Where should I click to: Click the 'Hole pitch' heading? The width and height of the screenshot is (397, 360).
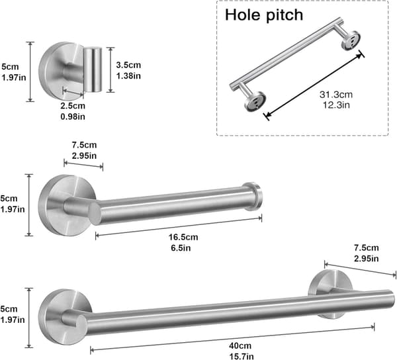264,15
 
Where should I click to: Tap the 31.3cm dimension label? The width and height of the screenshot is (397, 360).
336,95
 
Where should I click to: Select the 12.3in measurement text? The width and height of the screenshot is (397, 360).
336,105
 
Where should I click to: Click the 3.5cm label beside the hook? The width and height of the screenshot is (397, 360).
128,65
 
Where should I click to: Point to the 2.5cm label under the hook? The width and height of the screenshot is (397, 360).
73,106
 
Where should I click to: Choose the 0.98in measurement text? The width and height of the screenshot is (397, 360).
73,116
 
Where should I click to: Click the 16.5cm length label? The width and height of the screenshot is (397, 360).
183,237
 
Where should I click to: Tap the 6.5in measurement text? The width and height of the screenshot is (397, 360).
181,248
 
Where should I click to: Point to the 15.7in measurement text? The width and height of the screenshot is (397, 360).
242,356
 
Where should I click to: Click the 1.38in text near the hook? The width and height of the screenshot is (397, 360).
128,75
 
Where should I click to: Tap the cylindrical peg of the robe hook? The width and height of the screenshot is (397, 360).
93,69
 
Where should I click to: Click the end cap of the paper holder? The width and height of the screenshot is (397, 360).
253,197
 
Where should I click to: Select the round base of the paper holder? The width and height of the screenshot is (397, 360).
66,205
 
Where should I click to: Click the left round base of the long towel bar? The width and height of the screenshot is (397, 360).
65,317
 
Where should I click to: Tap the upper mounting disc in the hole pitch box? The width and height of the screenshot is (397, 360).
351,40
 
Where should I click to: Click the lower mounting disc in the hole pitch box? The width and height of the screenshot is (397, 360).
255,101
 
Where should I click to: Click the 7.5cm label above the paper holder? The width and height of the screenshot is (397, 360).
84,145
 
